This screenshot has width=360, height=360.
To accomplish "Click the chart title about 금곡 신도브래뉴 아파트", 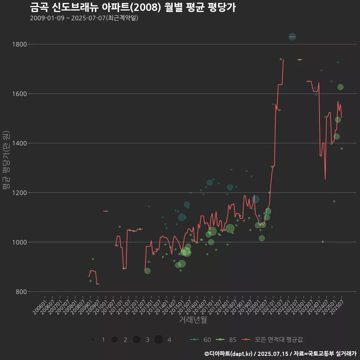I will (133, 7).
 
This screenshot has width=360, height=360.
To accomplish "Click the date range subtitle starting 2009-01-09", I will (84, 18).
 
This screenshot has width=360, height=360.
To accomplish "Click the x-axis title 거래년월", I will (193, 320).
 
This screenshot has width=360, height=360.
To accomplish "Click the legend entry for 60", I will (200, 340).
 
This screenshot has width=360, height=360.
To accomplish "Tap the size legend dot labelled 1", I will (92, 340).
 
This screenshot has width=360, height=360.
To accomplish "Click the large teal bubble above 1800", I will (292, 37).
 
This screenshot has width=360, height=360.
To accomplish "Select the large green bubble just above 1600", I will (340, 87).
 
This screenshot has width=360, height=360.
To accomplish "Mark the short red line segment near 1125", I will (106, 211).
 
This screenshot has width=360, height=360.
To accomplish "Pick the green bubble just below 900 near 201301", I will (147, 271).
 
